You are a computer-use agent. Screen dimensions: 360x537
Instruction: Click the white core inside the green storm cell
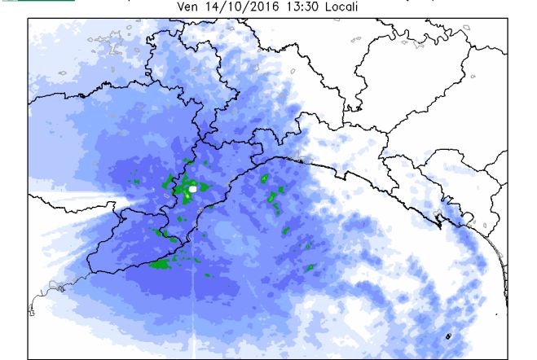[x=193, y=189]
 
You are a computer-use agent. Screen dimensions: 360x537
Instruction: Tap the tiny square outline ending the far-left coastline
[x=31, y=312]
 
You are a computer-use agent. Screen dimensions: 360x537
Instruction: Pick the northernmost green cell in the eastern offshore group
[x=265, y=178]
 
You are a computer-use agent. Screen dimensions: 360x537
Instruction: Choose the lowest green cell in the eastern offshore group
[x=310, y=268]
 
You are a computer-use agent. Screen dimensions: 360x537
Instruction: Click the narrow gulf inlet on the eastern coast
[x=439, y=218]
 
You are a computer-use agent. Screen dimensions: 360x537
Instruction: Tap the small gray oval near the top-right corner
[x=467, y=28]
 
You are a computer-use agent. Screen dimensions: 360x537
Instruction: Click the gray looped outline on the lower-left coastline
[x=55, y=288]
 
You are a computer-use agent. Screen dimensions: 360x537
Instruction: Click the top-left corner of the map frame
[x=28, y=19]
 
